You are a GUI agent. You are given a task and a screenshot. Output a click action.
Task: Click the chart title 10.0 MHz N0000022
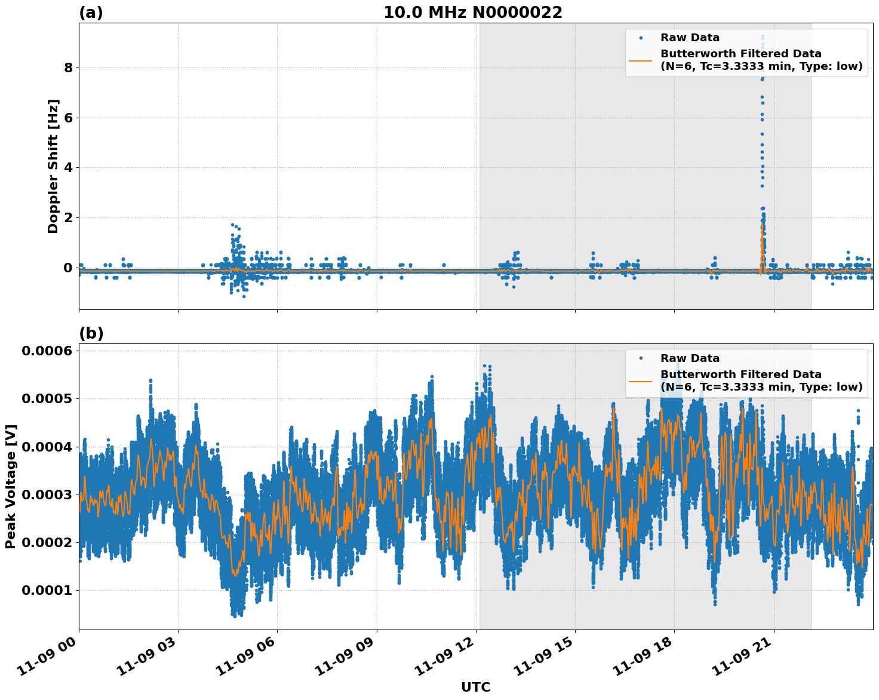(x=472, y=13)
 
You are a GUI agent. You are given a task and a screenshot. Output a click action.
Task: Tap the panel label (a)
(x=91, y=13)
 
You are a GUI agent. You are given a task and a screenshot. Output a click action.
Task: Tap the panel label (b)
(x=91, y=333)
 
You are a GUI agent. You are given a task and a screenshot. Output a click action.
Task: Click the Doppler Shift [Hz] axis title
(x=53, y=166)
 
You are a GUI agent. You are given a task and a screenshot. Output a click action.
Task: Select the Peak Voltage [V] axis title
(x=10, y=486)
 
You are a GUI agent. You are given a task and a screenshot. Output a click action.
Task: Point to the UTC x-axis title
(x=475, y=687)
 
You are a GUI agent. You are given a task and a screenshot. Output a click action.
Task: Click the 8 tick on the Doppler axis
(x=68, y=67)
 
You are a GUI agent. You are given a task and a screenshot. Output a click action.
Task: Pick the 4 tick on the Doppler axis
(x=68, y=167)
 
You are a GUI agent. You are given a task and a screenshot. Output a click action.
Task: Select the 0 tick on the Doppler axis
(x=68, y=268)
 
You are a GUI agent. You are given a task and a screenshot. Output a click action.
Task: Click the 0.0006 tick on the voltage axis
(x=47, y=351)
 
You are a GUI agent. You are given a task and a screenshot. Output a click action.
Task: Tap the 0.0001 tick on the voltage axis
(x=47, y=590)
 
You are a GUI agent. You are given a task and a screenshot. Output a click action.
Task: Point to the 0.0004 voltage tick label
(x=47, y=447)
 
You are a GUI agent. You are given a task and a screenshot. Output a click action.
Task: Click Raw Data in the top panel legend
(x=690, y=38)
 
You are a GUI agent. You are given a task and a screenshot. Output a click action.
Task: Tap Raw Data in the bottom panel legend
(x=690, y=358)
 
